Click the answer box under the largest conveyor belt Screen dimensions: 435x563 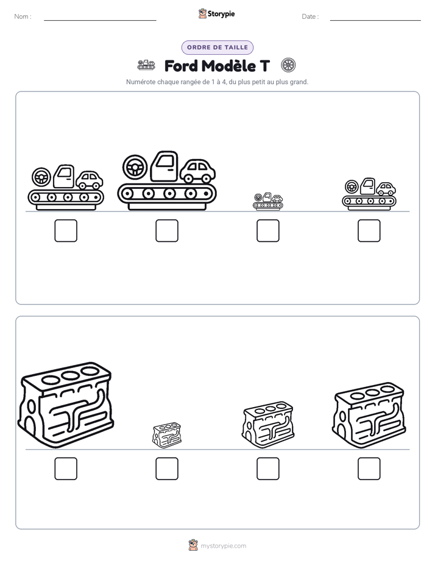click(x=167, y=230)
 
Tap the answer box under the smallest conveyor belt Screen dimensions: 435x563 click(x=268, y=230)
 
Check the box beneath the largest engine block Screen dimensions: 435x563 click(x=66, y=469)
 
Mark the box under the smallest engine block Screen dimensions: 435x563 click(x=167, y=469)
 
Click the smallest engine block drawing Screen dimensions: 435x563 click(x=167, y=435)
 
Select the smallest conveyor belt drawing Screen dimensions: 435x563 click(x=268, y=201)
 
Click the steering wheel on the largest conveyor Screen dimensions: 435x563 click(x=135, y=167)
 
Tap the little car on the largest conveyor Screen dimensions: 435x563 click(x=197, y=171)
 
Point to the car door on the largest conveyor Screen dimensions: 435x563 click(x=164, y=166)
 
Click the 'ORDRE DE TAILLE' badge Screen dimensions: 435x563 click(x=217, y=48)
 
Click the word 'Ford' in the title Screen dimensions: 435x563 click(x=181, y=66)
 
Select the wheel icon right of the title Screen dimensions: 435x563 click(x=288, y=65)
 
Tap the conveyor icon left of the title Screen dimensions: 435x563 click(x=146, y=65)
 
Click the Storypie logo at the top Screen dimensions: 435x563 click(x=217, y=13)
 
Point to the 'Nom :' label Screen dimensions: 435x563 click(x=23, y=16)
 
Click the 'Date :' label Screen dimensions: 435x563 click(x=310, y=16)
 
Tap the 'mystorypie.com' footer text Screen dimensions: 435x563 click(x=223, y=546)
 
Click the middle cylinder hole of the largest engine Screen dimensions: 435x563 click(x=70, y=375)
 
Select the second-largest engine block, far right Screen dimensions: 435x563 click(x=369, y=416)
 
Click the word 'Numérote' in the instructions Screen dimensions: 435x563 click(x=141, y=82)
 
